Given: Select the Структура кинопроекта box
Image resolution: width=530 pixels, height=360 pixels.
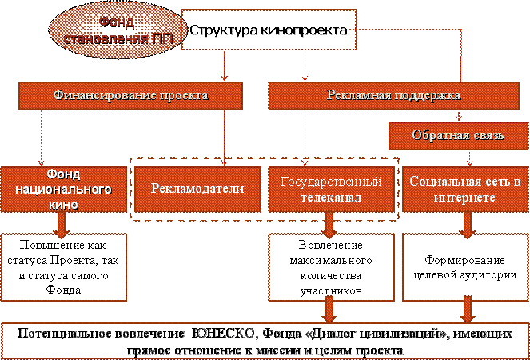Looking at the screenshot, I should tap(267, 30).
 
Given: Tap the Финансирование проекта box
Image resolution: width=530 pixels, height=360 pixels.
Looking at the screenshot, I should tap(130, 96).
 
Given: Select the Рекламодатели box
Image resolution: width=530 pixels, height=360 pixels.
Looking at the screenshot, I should tap(197, 189).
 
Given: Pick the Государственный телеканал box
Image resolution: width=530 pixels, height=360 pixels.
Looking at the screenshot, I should tap(330, 189).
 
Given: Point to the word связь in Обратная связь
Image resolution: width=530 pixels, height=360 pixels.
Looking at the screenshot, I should tap(483, 134).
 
